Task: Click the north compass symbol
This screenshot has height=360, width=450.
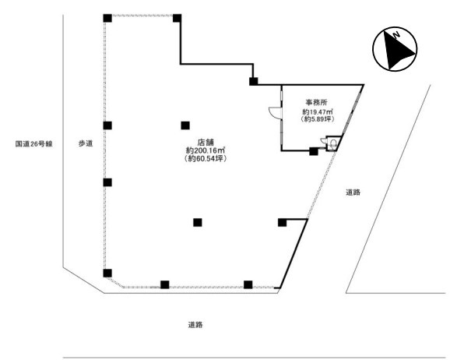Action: pyautogui.click(x=395, y=49)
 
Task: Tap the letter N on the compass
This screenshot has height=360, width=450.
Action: pyautogui.click(x=397, y=35)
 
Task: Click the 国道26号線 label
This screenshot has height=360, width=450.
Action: pyautogui.click(x=33, y=143)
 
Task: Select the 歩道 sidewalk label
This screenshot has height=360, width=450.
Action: pyautogui.click(x=86, y=143)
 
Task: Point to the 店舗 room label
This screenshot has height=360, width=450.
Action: pyautogui.click(x=206, y=143)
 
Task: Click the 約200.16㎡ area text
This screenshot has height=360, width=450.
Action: pyautogui.click(x=206, y=150)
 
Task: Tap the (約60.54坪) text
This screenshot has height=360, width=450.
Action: pyautogui.click(x=206, y=158)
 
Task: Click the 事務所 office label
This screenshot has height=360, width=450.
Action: pyautogui.click(x=316, y=102)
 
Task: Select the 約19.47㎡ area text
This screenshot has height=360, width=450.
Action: pyautogui.click(x=317, y=111)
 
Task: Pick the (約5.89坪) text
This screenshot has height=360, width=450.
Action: pyautogui.click(x=317, y=119)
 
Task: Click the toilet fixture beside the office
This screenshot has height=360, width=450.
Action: pyautogui.click(x=333, y=143)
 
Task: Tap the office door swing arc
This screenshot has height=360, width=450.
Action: pyautogui.click(x=273, y=112)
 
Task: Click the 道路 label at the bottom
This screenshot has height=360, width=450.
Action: pyautogui.click(x=195, y=325)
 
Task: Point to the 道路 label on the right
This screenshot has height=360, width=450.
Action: pyautogui.click(x=353, y=192)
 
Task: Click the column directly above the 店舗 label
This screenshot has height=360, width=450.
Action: pyautogui.click(x=185, y=125)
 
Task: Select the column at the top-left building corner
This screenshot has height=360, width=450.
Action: pyautogui.click(x=107, y=18)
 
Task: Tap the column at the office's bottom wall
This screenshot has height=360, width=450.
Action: pyautogui.click(x=314, y=151)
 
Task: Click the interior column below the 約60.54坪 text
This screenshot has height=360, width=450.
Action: pyautogui.click(x=198, y=222)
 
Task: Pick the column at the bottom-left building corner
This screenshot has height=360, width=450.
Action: pyautogui.click(x=107, y=273)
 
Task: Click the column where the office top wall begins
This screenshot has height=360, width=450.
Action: pyautogui.click(x=253, y=82)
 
